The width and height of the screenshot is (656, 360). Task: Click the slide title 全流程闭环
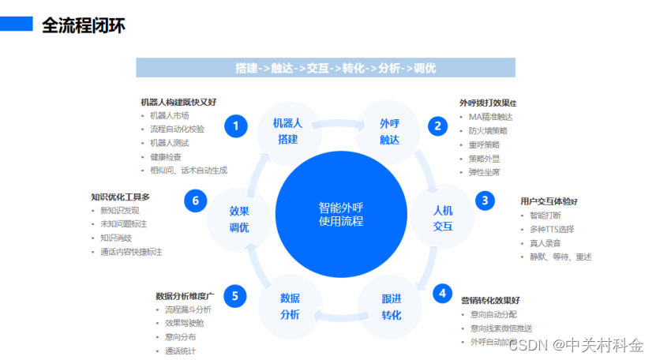point(83,25)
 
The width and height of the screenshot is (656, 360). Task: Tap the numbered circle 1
point(235,126)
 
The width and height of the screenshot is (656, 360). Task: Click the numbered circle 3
point(485,201)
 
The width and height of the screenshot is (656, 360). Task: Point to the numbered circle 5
point(235,296)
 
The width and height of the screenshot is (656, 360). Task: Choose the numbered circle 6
point(196,201)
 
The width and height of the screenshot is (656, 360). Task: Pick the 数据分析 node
point(290,306)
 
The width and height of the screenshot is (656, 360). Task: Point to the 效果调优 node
point(239,219)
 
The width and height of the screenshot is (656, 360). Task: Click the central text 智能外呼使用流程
point(341,215)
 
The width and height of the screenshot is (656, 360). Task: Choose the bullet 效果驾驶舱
point(182,323)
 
